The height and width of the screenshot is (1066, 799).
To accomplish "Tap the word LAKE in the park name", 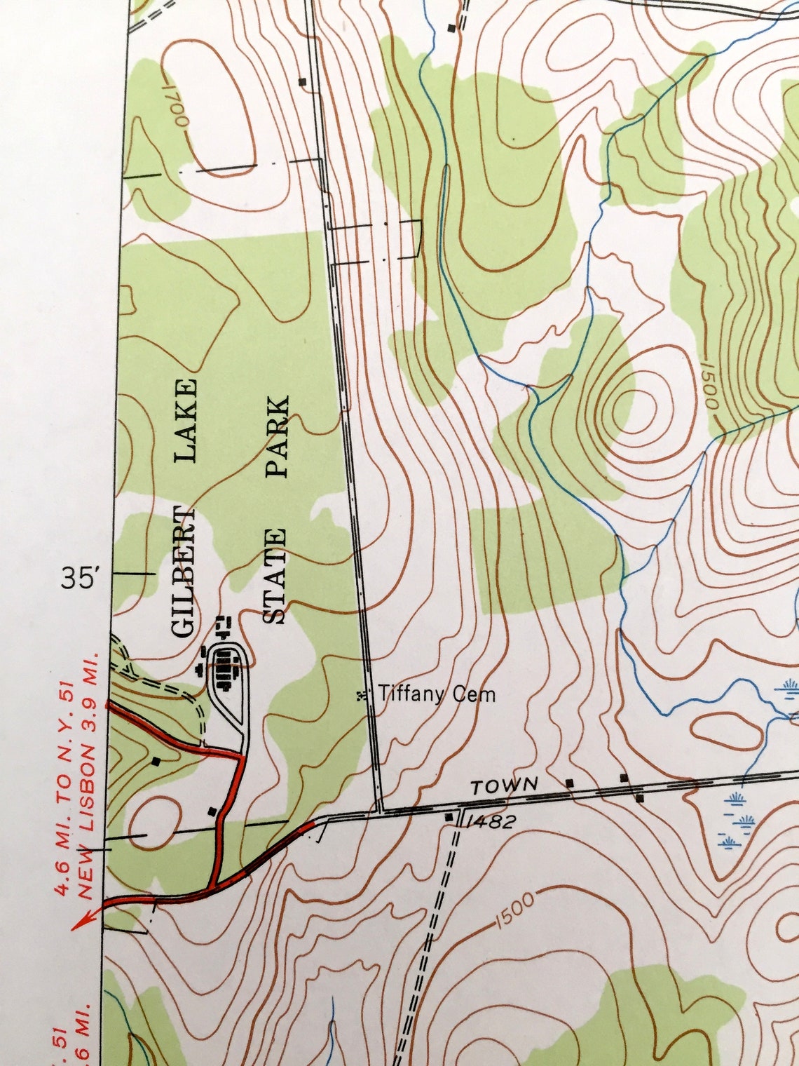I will [x=186, y=420].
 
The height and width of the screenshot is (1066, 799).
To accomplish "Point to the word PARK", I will [x=278, y=436].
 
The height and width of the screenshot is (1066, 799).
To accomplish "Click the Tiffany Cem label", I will [x=437, y=694].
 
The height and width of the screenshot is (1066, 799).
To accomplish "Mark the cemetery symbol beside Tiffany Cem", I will [x=362, y=695].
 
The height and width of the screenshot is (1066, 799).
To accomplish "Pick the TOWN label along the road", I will [x=505, y=786].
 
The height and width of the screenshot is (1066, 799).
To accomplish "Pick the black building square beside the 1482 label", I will [x=449, y=817].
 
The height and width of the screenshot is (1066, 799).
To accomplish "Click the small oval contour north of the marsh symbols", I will [x=726, y=730].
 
